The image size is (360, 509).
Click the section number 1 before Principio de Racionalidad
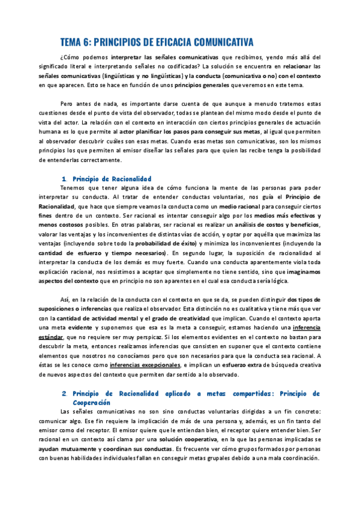point(64,179)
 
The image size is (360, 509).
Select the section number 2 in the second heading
point(64,376)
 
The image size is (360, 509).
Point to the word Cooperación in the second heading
point(92,385)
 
